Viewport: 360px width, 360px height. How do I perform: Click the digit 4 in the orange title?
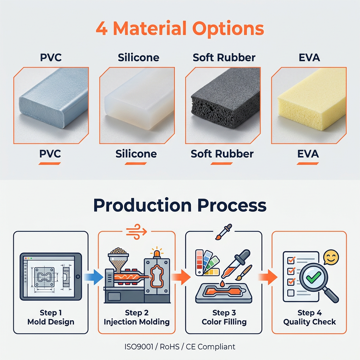pyautogui.click(x=102, y=29)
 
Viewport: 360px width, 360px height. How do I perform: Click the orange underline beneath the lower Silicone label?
pyautogui.click(x=136, y=163)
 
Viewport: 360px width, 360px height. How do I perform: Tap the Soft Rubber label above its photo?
pyautogui.click(x=224, y=57)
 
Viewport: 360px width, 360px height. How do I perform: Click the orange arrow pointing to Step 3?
pyautogui.click(x=181, y=277)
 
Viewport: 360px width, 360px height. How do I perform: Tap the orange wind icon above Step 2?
pyautogui.click(x=136, y=232)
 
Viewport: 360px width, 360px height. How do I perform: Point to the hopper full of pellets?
pyautogui.click(x=118, y=259)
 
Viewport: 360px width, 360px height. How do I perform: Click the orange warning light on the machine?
pyautogui.click(x=157, y=252)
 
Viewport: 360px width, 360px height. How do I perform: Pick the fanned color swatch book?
pyautogui.click(x=207, y=262)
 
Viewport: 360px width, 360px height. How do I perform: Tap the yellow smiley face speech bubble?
pyautogui.click(x=331, y=257)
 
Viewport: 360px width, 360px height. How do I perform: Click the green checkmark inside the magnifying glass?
pyautogui.click(x=314, y=277)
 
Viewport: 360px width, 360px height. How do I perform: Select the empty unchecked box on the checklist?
pyautogui.click(x=291, y=293)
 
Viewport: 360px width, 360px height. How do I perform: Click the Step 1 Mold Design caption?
pyautogui.click(x=51, y=317)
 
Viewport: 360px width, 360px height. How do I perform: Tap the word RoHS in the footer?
pyautogui.click(x=169, y=346)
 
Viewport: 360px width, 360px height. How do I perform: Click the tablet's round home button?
pyautogui.click(x=78, y=277)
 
